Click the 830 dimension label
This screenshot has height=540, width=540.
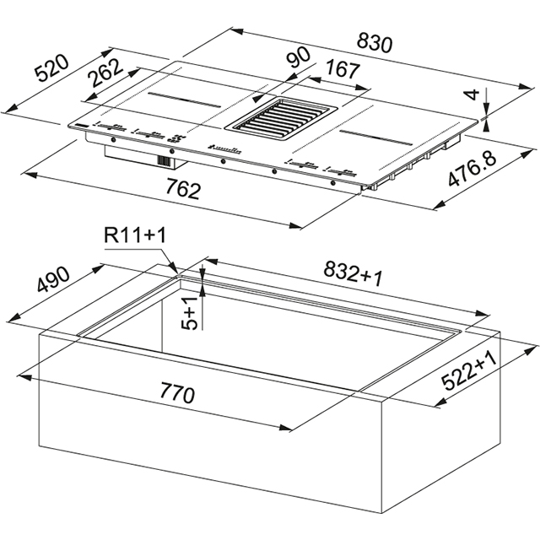pos(375,43)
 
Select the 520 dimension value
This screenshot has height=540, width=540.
pos(52,69)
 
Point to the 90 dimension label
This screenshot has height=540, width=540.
pos(299,57)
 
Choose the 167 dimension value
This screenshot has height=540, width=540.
pos(343,69)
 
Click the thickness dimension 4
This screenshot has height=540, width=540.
pos(474,94)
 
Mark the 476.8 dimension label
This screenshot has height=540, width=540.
pos(472,169)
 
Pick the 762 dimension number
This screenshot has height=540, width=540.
pos(183,188)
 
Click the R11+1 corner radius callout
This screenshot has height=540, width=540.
pos(135,235)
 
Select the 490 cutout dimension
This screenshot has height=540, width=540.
pos(53,279)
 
